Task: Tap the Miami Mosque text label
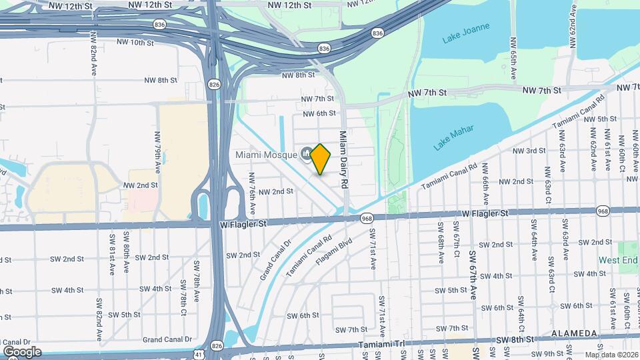click(x=264, y=155)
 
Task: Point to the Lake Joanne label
click(x=466, y=33)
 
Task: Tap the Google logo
click(x=22, y=351)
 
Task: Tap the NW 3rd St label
click(x=531, y=151)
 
